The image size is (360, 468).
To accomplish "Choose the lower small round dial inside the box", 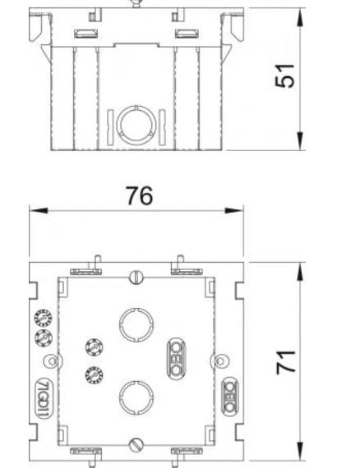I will pos(91,375).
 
